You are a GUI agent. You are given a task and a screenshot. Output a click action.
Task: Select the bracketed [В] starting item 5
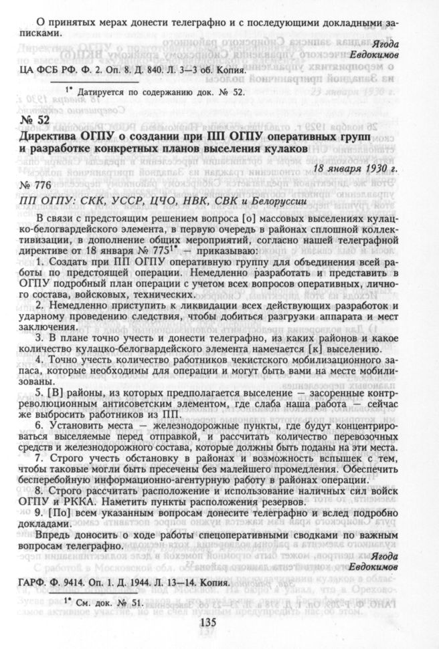[x=50, y=391]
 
